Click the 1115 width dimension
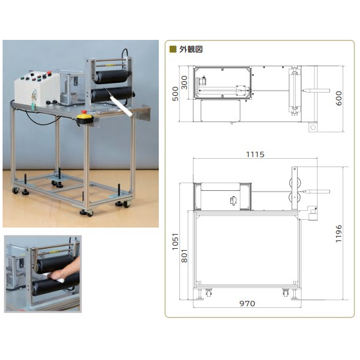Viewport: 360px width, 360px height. click(x=255, y=154)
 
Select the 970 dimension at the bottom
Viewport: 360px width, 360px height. click(x=247, y=303)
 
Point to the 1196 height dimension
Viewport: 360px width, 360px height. click(x=338, y=233)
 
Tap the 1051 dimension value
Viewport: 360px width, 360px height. click(x=175, y=242)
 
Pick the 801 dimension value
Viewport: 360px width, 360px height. click(x=184, y=256)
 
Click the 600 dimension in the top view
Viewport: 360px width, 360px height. click(x=338, y=98)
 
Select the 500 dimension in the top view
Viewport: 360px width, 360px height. click(x=175, y=94)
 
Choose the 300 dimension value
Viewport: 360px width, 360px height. click(x=184, y=83)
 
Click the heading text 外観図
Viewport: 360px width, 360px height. click(x=191, y=49)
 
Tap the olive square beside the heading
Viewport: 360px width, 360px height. click(x=173, y=49)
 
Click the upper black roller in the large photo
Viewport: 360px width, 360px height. click(x=113, y=76)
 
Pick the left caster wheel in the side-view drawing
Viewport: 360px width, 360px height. click(x=208, y=292)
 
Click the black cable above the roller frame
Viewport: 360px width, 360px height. click(x=125, y=53)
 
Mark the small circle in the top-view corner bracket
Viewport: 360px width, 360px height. click(x=312, y=127)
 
